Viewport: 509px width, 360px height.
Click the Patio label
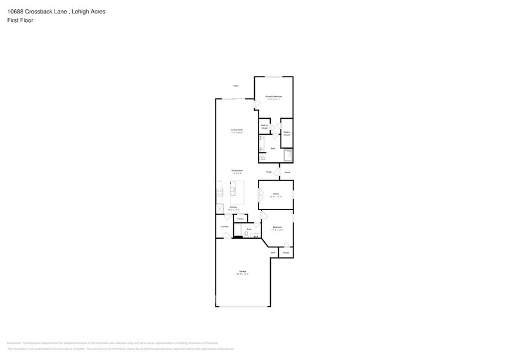[x=235, y=86]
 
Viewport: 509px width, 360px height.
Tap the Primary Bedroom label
[x=273, y=97]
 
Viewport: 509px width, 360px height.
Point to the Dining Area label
[x=237, y=170]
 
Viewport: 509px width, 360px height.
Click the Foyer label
[x=268, y=172]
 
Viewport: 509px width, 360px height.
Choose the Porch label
[x=287, y=172]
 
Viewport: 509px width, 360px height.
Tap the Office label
[x=276, y=194]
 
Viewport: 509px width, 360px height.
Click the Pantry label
[x=240, y=219]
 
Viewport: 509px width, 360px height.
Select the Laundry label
[x=224, y=227]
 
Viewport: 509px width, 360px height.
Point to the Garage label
[x=242, y=271]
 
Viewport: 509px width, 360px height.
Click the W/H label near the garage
[x=273, y=252]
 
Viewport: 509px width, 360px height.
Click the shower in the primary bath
[x=287, y=156]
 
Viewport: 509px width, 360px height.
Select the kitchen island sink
[x=233, y=192]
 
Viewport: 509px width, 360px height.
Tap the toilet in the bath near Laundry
[x=246, y=234]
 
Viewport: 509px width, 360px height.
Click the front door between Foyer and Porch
[x=279, y=172]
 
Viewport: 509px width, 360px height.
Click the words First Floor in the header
[x=21, y=20]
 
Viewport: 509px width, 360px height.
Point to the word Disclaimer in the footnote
[x=14, y=343]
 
